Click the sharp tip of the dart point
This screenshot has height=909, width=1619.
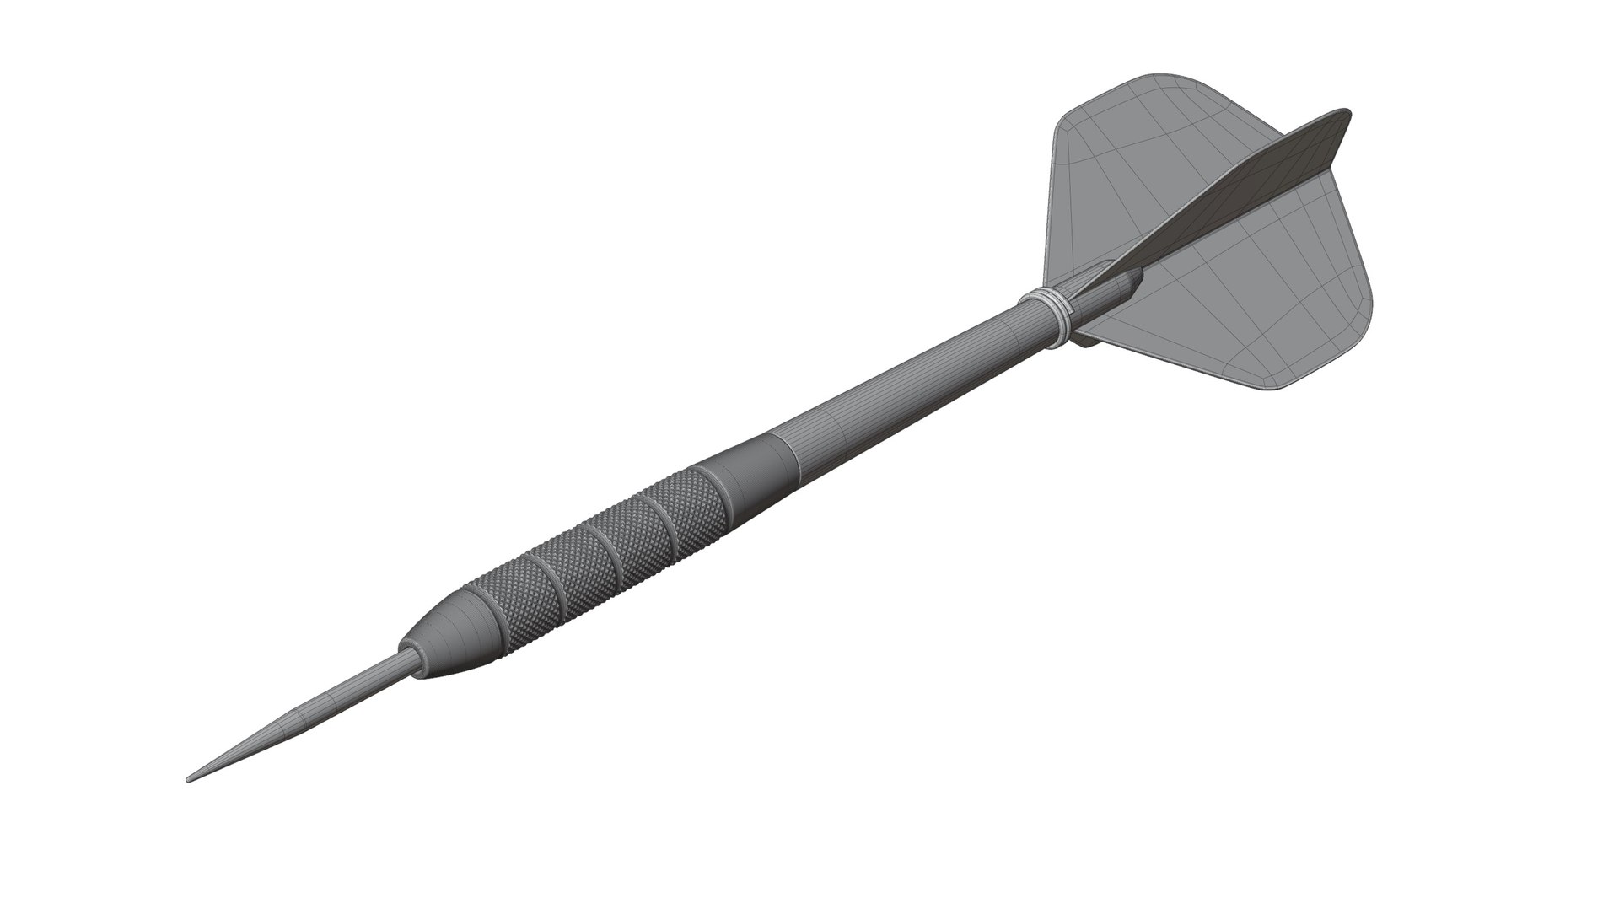click(x=188, y=779)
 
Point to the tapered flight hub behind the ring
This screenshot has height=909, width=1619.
click(x=1105, y=295)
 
